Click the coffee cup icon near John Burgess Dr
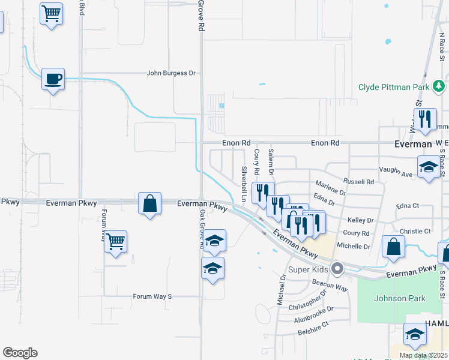point(53,79)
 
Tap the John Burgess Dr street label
point(172,73)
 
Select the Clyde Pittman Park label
point(394,87)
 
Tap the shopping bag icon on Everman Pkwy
point(149,204)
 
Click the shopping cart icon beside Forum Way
point(115,242)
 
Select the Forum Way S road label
point(152,296)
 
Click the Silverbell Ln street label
point(244,184)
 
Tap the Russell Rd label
point(358,181)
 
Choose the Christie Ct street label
point(415,231)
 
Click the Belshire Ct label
point(313,324)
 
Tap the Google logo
point(20,353)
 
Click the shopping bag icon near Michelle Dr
point(393,248)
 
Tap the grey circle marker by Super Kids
point(337,269)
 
